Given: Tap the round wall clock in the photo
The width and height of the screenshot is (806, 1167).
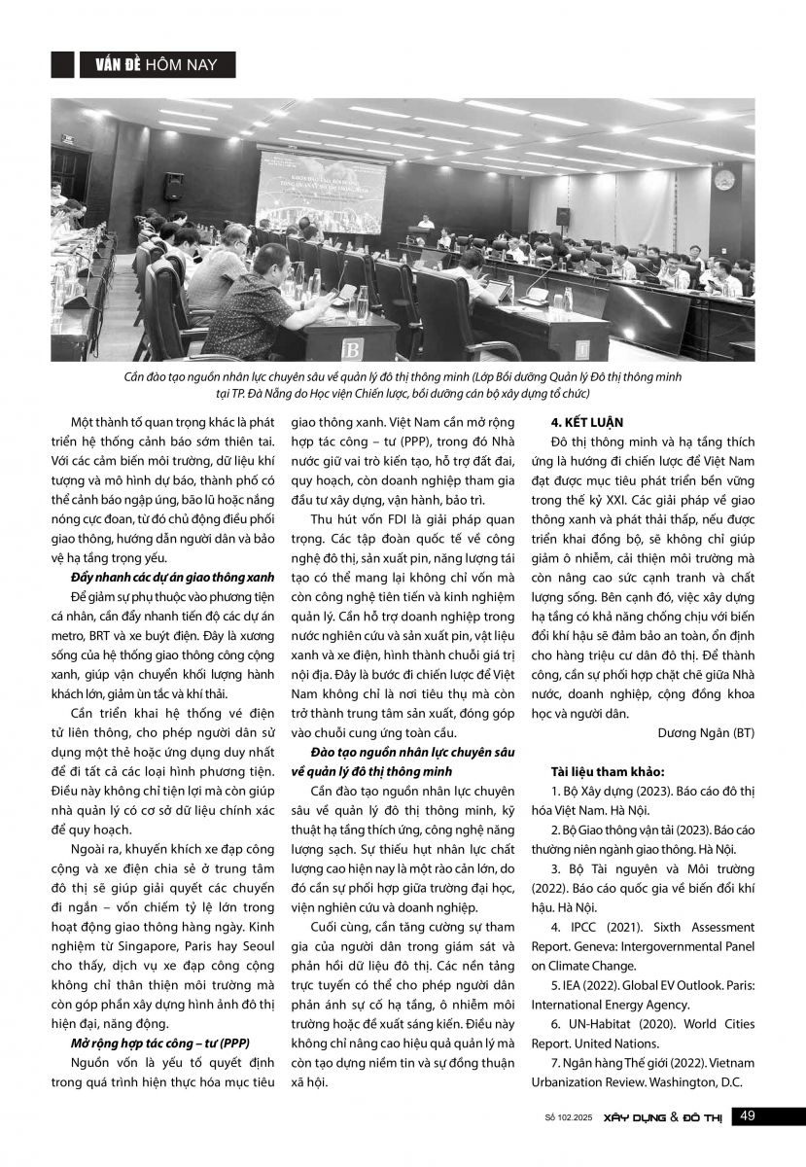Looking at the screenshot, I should (723, 179).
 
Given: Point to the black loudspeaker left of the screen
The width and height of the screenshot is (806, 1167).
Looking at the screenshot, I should (174, 186).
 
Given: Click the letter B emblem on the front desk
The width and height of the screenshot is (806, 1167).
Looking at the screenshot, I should (353, 347).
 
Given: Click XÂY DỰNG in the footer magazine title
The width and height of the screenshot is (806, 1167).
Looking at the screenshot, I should (632, 1117).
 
